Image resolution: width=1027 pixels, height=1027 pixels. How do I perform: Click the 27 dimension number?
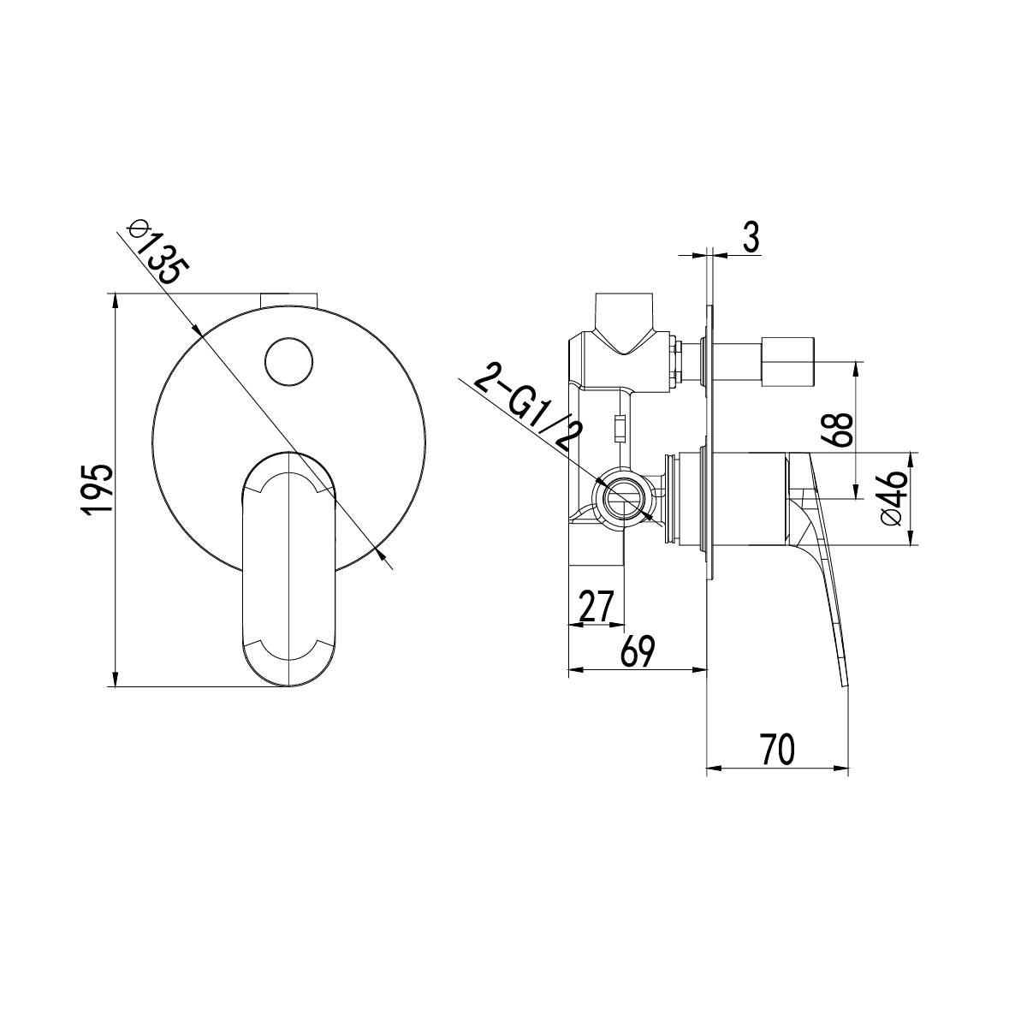click(596, 607)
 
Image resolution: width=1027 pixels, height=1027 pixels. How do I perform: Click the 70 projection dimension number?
click(777, 749)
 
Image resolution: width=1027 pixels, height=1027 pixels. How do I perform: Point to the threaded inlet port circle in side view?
click(623, 498)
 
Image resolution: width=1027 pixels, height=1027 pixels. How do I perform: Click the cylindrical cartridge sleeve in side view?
click(743, 499)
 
